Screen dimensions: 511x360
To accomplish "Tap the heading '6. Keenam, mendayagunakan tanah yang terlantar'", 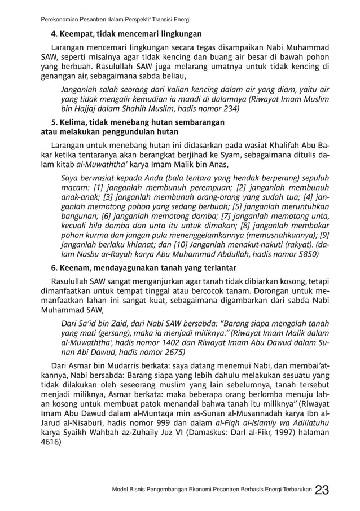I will click(144, 267).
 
